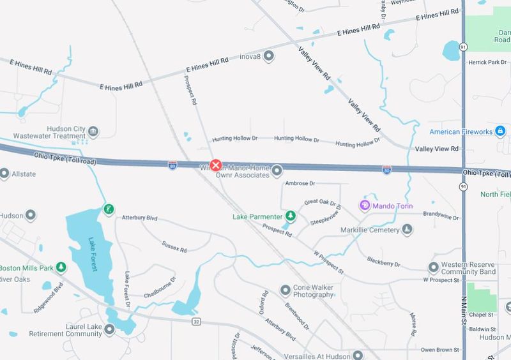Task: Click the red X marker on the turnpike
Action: click(216, 165)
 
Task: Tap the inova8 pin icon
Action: click(269, 56)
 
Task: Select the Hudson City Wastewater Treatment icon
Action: click(93, 131)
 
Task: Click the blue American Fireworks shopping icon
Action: click(501, 131)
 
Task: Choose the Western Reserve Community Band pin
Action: click(434, 267)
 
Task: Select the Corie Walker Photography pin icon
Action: click(286, 291)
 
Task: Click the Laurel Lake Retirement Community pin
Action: click(109, 329)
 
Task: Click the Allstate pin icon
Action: click(4, 173)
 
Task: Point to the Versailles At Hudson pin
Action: click(358, 355)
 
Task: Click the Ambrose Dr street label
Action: click(300, 184)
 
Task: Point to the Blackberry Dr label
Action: click(384, 262)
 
